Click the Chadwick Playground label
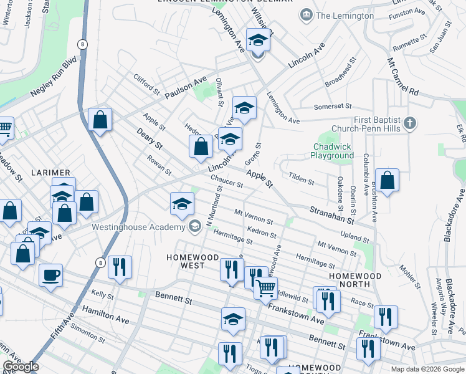coord(333,151)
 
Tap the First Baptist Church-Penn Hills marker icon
coord(409,123)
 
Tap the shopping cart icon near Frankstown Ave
coord(266,288)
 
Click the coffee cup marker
coord(50,275)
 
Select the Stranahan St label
coord(332,215)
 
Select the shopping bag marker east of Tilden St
coord(387,180)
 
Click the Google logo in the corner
coord(21,367)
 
